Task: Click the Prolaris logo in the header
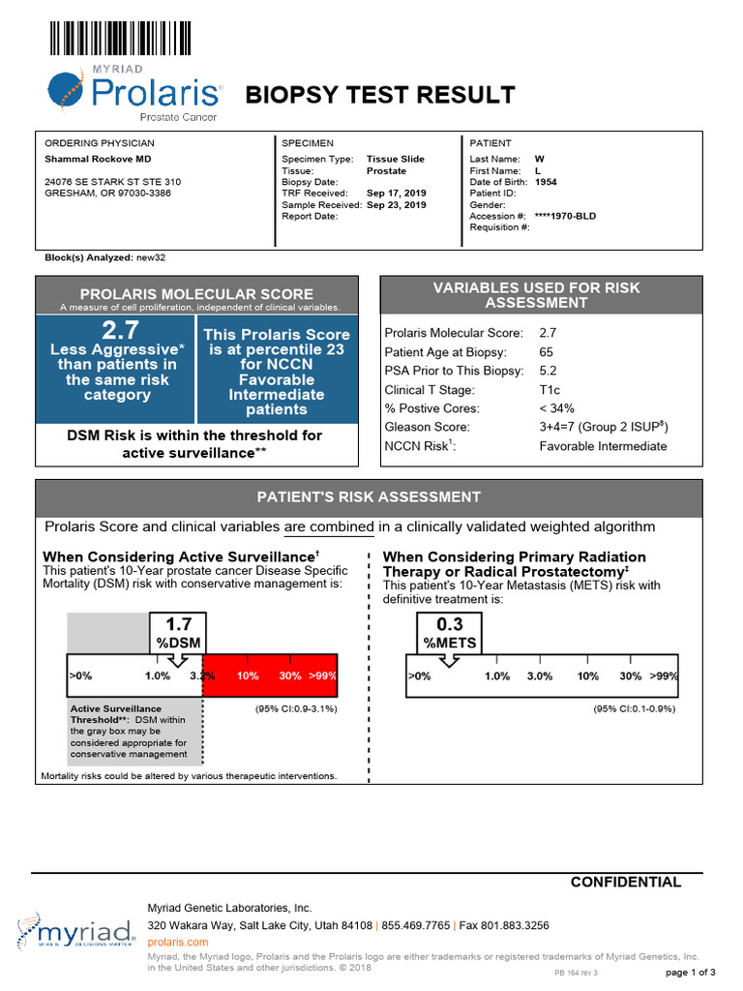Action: point(135,93)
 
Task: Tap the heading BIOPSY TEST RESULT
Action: point(379,95)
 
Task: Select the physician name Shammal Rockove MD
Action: point(99,159)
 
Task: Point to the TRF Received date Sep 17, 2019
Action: point(396,194)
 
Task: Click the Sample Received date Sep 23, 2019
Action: point(396,205)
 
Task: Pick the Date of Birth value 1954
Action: point(546,182)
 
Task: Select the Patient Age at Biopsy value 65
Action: point(548,351)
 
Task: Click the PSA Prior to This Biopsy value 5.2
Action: point(548,371)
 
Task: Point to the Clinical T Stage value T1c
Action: point(550,390)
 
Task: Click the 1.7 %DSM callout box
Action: point(179,633)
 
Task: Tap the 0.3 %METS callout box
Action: point(449,633)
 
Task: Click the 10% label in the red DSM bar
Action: point(249,676)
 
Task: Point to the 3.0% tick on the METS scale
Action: point(540,676)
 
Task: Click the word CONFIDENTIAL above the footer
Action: point(625,882)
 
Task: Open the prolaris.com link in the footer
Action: point(177,942)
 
